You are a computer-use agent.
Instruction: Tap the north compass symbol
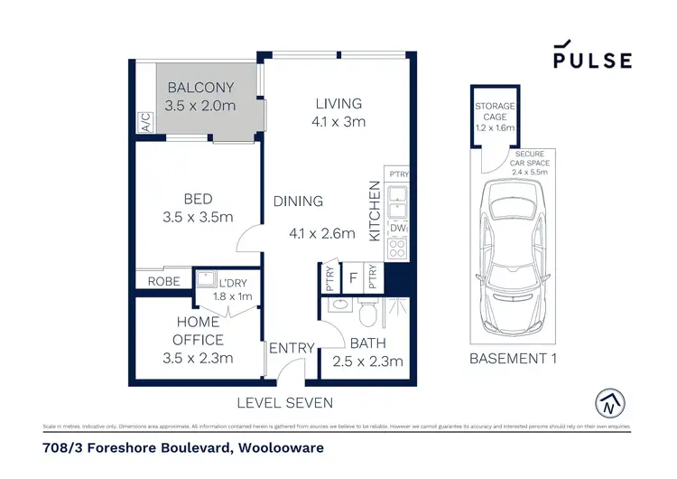(611, 402)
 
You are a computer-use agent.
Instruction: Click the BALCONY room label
(199, 88)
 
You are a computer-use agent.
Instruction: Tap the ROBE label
(162, 281)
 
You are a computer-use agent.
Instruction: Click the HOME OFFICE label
(199, 332)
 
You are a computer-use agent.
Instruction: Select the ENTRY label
(291, 348)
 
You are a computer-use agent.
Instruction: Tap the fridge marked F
(353, 277)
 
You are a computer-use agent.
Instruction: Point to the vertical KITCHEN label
(375, 211)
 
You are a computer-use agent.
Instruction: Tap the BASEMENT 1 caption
(512, 359)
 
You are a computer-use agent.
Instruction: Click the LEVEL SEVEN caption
(285, 402)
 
